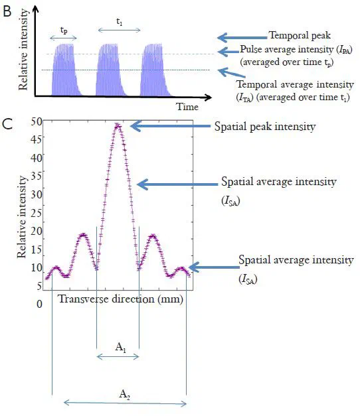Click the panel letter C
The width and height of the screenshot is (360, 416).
[x=8, y=124]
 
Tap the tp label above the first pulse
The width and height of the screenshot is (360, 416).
[x=63, y=30]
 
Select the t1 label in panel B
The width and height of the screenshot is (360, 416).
[x=119, y=21]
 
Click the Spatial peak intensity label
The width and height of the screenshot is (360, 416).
[x=264, y=126]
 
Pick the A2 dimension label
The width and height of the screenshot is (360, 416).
[x=124, y=393]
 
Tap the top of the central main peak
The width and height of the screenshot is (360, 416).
[x=118, y=124]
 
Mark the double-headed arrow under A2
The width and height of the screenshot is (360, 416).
[x=124, y=402]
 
